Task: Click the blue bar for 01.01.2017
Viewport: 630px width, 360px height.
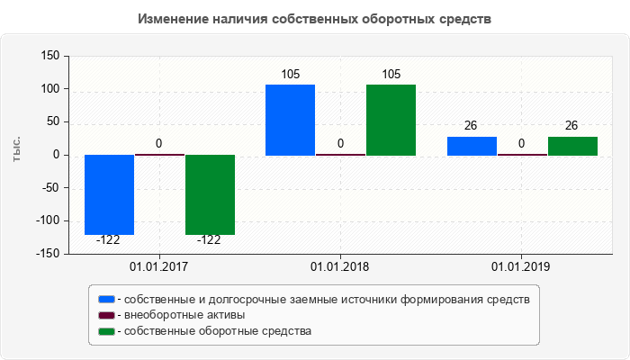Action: pos(109,194)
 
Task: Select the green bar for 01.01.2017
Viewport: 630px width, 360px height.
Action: pos(210,194)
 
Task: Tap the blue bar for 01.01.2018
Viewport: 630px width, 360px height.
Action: pos(290,120)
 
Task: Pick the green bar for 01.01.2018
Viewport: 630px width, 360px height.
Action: pos(391,120)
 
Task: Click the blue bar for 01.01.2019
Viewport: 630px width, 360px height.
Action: pos(472,146)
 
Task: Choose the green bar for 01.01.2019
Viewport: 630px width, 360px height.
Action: pos(572,146)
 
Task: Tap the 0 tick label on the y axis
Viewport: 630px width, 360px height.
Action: pos(56,155)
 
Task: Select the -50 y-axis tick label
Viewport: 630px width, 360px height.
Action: pos(50,188)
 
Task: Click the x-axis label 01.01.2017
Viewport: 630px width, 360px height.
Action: pos(158,267)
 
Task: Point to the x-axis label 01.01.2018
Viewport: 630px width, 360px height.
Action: pos(340,267)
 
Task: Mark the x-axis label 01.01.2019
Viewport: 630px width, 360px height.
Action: pos(521,267)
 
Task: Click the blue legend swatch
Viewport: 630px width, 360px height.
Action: pos(107,299)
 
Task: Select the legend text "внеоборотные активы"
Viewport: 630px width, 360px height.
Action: pos(185,315)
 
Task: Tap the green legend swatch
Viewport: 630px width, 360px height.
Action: pos(107,331)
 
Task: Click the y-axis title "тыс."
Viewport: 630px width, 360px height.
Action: pos(16,151)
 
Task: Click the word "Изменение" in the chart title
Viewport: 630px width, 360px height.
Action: pos(171,18)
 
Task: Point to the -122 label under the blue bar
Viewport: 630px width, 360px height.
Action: pos(108,240)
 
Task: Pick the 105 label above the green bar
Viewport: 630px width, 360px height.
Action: pos(391,74)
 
